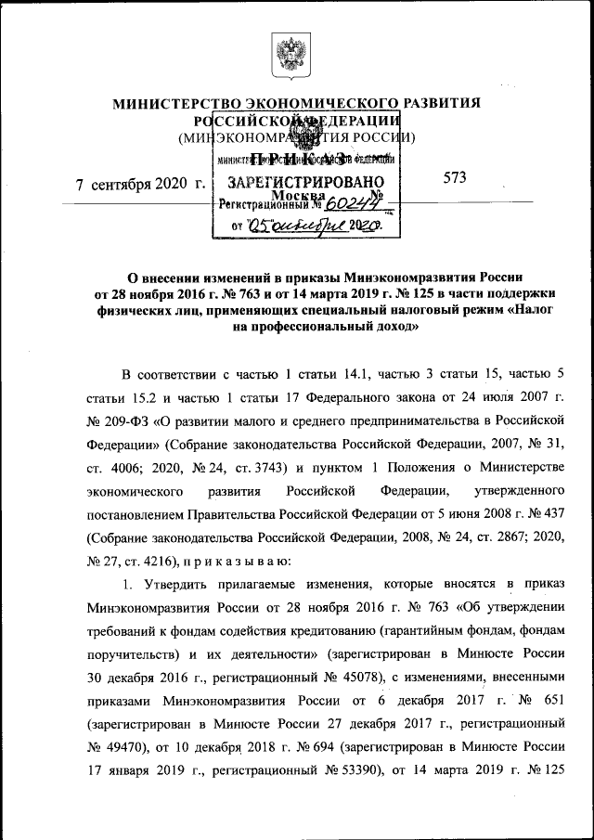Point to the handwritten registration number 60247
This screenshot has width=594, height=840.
click(352, 207)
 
